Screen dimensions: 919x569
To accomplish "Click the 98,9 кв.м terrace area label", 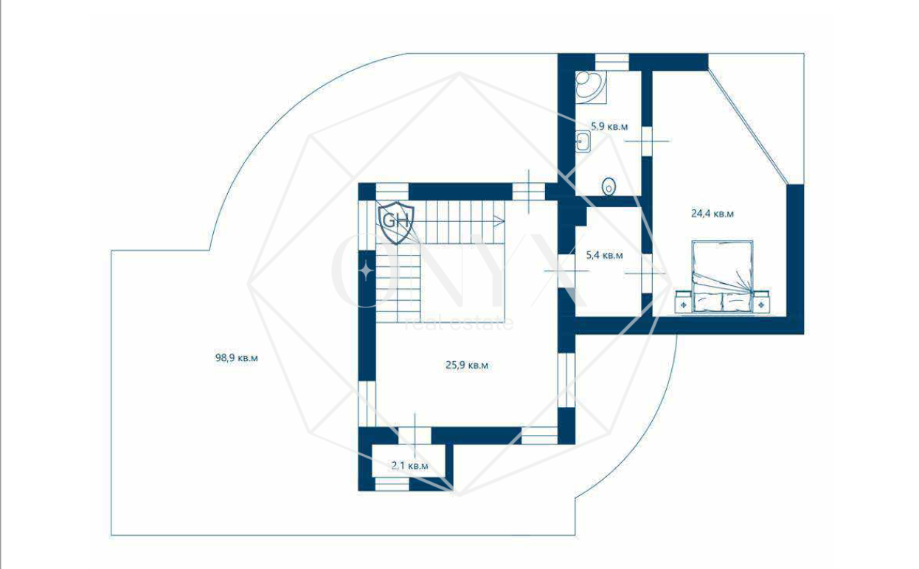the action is [x=236, y=358].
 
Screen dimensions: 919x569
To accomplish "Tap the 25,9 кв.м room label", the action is [x=467, y=365].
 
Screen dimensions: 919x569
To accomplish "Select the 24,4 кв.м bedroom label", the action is [x=712, y=214].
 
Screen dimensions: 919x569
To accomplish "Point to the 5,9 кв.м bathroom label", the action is [x=609, y=126].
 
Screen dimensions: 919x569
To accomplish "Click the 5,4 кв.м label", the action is [x=604, y=256].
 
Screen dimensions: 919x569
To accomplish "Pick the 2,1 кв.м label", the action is [x=410, y=466].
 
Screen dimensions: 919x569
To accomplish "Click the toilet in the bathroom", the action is [x=609, y=186].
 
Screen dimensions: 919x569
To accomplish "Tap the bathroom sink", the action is [x=583, y=142].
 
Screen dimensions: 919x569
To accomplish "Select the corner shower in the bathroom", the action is [x=590, y=87].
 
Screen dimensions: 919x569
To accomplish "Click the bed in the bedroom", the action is [x=723, y=276].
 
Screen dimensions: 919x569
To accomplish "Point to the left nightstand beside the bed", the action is [x=684, y=301].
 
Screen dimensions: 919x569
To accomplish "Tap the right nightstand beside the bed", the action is [x=761, y=301].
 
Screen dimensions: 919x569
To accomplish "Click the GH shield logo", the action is [x=396, y=223].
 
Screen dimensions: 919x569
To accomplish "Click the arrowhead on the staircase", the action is [x=499, y=221].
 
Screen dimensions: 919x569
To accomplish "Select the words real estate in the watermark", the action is [x=459, y=324].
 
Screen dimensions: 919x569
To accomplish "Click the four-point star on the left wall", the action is [x=367, y=271].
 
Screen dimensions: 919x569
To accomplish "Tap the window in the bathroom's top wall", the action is [x=611, y=63].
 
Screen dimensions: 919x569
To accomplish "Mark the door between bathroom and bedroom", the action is [x=647, y=142].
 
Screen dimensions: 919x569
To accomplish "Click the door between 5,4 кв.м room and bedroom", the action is [x=647, y=273].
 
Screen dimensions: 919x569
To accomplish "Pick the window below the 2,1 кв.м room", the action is [x=392, y=484].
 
